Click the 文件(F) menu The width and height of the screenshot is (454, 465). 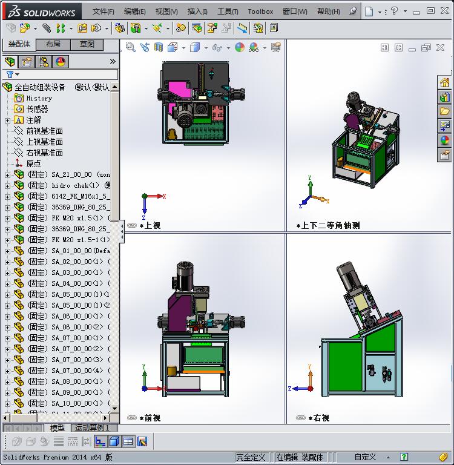pyautogui.click(x=103, y=11)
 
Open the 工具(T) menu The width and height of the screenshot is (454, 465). pyautogui.click(x=228, y=11)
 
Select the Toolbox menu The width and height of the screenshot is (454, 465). pyautogui.click(x=260, y=11)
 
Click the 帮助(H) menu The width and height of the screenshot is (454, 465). pyautogui.click(x=328, y=11)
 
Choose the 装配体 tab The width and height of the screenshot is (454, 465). pyautogui.click(x=19, y=44)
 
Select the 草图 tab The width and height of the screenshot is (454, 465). pyautogui.click(x=87, y=44)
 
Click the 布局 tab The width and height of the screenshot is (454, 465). pyautogui.click(x=53, y=44)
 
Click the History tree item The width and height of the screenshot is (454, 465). pyautogui.click(x=39, y=98)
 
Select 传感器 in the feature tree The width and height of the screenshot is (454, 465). pyautogui.click(x=37, y=109)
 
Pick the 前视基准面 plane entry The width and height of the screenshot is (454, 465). pyautogui.click(x=44, y=131)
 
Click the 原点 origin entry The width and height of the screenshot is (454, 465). pyautogui.click(x=33, y=163)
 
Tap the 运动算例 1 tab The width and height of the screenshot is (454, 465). pyautogui.click(x=92, y=428)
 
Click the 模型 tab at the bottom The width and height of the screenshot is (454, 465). pyautogui.click(x=58, y=428)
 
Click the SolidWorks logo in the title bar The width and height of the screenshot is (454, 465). pyautogui.click(x=42, y=12)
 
